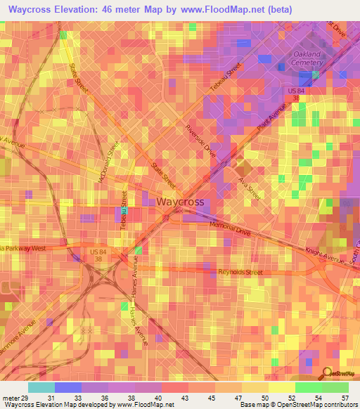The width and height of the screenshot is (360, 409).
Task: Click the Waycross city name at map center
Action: pyautogui.click(x=181, y=202)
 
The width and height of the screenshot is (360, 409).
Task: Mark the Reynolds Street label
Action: pyautogui.click(x=240, y=272)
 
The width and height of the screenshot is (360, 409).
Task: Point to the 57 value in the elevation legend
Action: pyautogui.click(x=345, y=398)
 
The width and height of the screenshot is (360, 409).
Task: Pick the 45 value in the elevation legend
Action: pyautogui.click(x=212, y=398)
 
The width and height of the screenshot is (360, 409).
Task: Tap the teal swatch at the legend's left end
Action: pyautogui.click(x=41, y=387)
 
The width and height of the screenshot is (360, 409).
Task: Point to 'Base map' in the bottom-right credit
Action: pyautogui.click(x=253, y=405)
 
